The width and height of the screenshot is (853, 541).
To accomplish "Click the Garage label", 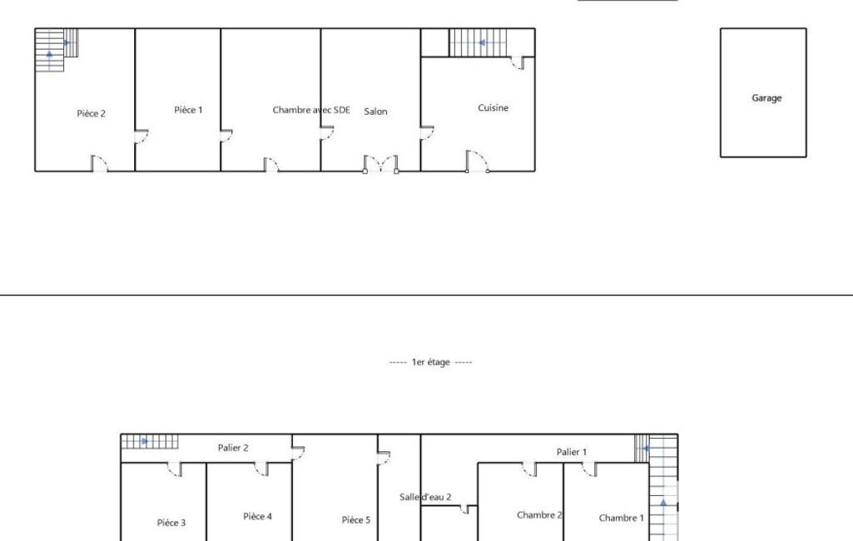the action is coord(766,98).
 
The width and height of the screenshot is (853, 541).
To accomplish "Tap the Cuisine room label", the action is coord(493,107).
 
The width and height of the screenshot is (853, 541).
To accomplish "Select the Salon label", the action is coord(375,112).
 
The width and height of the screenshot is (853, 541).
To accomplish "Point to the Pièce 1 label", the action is coord(188,110).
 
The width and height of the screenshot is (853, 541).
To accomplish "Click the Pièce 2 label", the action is coord(91,113).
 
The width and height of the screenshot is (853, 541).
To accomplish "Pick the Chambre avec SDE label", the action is coord(311,110).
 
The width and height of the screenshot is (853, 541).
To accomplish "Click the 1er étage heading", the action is coord(431,362).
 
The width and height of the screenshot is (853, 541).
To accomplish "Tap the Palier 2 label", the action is coord(233,448).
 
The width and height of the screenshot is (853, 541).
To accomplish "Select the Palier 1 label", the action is coord(571,452).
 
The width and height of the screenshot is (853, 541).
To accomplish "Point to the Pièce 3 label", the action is coord(171,523).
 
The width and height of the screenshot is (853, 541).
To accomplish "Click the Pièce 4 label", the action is coord(257,516).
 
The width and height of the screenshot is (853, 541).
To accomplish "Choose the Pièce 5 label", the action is coord(356,519).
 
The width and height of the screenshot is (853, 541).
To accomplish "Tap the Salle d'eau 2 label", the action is coord(425,497).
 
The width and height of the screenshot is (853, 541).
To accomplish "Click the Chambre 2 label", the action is coord(539,515).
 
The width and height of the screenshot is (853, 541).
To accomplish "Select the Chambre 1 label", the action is coord(622,519).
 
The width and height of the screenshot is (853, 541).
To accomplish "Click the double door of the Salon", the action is coord(381,164).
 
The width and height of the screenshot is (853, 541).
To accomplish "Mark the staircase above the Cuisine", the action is coord(478,42).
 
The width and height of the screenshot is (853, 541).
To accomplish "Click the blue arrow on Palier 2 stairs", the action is coord(145,441).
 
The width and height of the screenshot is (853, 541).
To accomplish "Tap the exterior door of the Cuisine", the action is coord(477,161).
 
